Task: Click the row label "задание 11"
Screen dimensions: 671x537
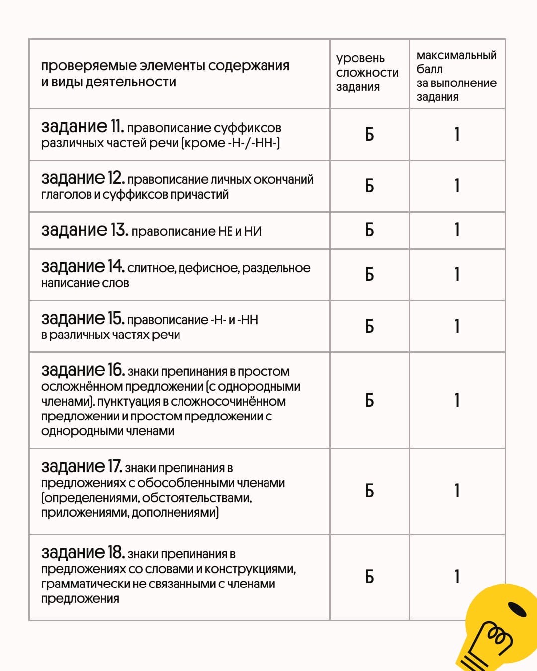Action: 83,127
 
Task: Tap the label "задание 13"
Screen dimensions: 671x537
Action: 85,230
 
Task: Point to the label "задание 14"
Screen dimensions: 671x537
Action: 83,267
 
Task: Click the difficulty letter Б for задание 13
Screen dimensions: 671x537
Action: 369,230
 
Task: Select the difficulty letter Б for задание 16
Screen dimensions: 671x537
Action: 369,400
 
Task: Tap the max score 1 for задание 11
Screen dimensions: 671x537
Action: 457,134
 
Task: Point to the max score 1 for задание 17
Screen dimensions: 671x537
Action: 457,491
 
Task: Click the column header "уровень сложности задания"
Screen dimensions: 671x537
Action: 367,73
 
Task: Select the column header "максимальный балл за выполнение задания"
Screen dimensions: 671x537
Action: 456,76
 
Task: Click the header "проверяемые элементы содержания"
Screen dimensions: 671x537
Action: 165,66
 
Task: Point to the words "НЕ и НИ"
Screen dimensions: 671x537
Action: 240,231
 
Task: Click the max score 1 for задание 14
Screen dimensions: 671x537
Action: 457,274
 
